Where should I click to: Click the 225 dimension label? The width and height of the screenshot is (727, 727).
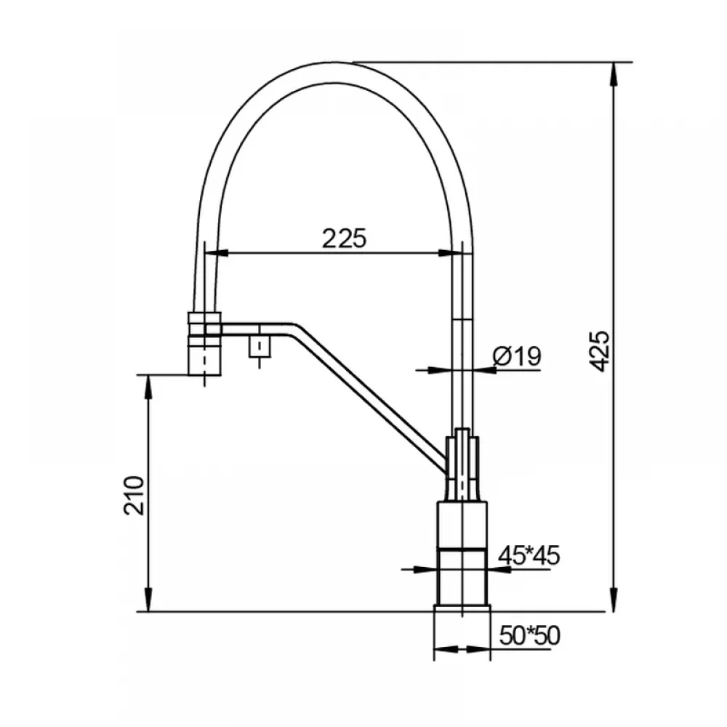344,239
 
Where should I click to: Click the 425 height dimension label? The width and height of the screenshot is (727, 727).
602,350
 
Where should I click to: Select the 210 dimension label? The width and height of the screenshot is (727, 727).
134,495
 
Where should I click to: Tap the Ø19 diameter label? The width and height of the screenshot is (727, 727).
517,356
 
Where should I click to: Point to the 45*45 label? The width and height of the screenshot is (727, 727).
529,555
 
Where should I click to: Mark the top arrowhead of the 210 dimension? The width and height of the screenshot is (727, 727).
148,387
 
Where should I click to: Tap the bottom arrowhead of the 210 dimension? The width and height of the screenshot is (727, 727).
148,599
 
